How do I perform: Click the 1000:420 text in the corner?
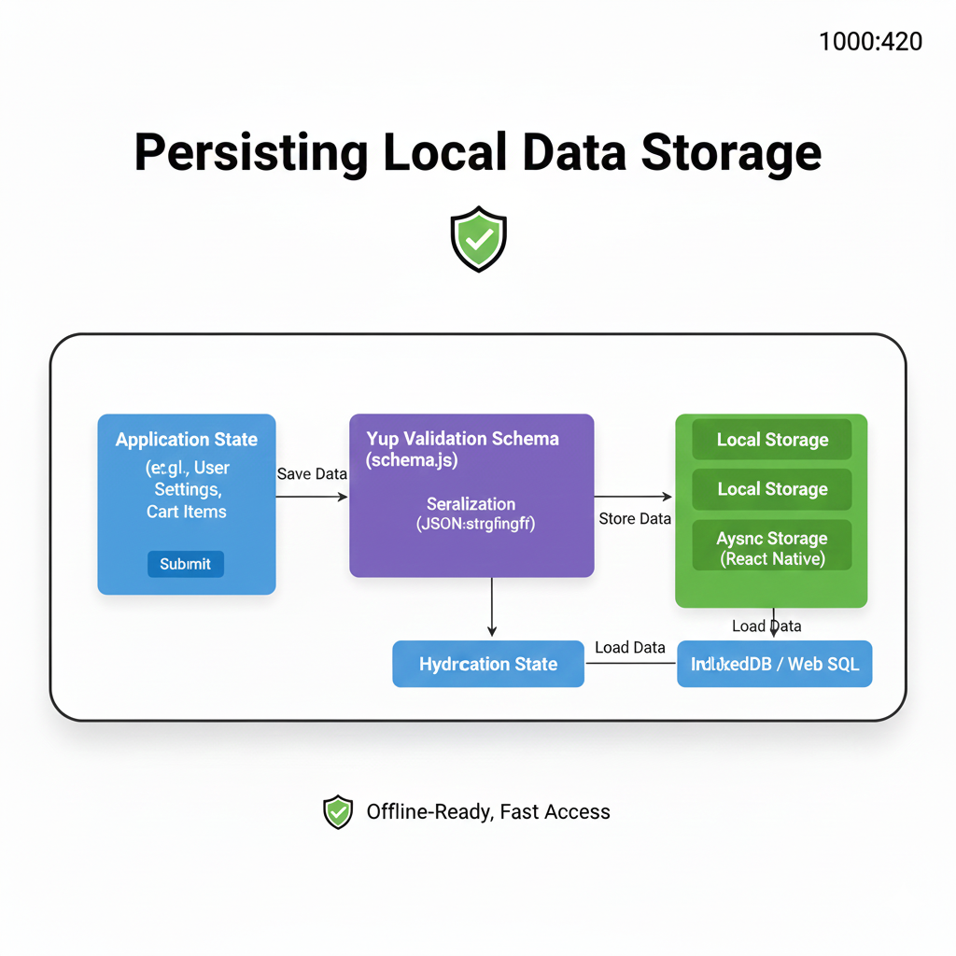point(870,42)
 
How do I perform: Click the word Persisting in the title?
point(249,151)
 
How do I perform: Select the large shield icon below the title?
point(478,240)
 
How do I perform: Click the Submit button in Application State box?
point(186,564)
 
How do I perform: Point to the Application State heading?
point(187,440)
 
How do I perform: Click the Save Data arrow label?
point(312,474)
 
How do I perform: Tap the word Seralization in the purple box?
point(471,504)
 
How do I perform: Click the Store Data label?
point(635,518)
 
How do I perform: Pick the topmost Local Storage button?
point(772,440)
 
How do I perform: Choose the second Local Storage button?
point(772,489)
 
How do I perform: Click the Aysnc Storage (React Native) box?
point(772,549)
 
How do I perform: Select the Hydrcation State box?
point(487,665)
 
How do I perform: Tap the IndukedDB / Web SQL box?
point(774,665)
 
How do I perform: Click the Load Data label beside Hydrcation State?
point(629,647)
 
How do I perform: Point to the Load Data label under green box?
point(766,626)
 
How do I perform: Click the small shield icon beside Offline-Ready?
point(338,812)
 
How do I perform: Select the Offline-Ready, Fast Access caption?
point(487,812)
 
